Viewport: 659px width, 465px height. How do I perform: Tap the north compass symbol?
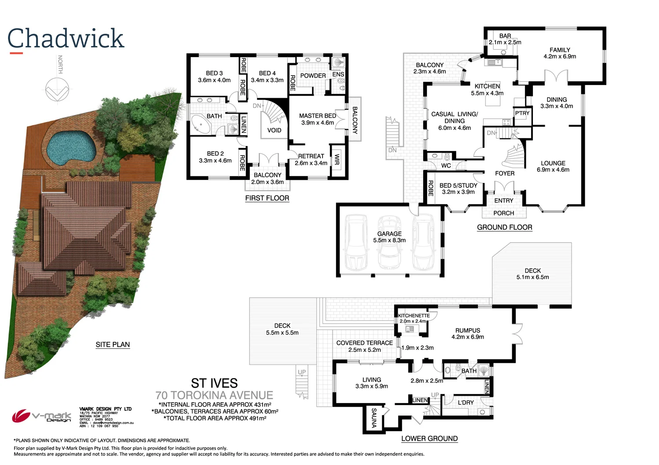[x=58, y=89]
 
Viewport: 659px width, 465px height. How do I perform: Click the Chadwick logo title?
[x=66, y=39]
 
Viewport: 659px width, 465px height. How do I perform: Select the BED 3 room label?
[x=214, y=73]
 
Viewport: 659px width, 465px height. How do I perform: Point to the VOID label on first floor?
[x=274, y=130]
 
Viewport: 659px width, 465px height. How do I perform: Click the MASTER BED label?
[x=317, y=116]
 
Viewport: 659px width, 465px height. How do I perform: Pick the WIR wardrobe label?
[x=337, y=159]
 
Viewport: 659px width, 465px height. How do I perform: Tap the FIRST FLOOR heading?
[x=267, y=198]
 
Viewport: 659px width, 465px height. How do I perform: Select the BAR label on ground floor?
[x=505, y=36]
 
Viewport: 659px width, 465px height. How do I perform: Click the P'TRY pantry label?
[x=522, y=113]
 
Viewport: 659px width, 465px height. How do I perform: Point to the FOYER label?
[x=504, y=173]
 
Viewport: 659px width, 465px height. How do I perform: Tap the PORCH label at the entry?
[x=503, y=213]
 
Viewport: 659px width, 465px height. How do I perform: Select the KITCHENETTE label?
[x=413, y=316]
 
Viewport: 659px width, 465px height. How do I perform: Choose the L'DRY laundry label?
[x=466, y=402]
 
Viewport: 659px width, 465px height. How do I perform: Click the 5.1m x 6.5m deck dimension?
[x=532, y=277]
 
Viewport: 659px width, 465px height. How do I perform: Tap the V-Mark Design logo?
[x=42, y=416]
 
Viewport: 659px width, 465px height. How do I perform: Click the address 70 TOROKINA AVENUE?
[x=214, y=395]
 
